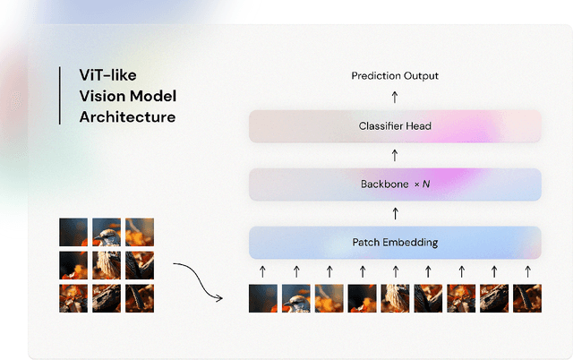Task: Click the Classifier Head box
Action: coord(395,126)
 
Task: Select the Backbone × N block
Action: coord(395,184)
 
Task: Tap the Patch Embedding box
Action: coord(395,243)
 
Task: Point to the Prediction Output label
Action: coord(395,76)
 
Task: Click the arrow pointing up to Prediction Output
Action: coord(395,98)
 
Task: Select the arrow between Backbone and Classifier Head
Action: coord(395,155)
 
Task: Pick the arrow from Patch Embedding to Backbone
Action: coord(395,213)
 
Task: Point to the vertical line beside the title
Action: coord(60,95)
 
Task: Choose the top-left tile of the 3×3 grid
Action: coord(73,232)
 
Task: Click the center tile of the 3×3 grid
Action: coord(107,265)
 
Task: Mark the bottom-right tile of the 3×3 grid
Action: coord(140,297)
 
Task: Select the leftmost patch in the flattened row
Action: coord(263,297)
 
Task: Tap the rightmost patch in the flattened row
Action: coord(526,297)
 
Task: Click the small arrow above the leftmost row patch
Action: coord(263,270)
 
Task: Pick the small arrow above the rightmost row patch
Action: coord(526,270)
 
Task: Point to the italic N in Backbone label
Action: coord(426,184)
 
